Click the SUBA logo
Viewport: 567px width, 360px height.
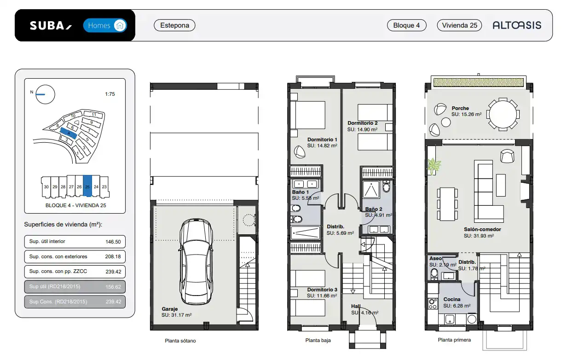point(51,26)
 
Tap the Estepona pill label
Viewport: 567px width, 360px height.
point(174,25)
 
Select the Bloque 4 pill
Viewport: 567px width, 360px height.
point(406,25)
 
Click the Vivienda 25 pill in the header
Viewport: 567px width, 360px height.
point(459,25)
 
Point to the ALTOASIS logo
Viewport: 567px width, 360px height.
point(517,25)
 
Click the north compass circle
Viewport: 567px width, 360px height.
point(45,94)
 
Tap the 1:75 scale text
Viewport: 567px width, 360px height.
point(110,94)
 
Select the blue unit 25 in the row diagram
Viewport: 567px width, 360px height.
point(87,186)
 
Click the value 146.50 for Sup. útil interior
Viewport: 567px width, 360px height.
point(113,242)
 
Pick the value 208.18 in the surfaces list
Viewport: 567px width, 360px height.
point(113,256)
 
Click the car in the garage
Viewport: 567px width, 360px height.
point(196,261)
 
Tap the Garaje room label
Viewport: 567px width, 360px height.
point(169,309)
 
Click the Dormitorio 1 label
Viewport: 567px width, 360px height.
point(322,139)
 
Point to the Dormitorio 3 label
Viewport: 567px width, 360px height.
point(322,290)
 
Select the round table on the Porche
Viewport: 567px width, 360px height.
point(503,115)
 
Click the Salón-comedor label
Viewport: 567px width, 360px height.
point(482,229)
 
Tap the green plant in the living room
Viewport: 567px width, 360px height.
point(434,166)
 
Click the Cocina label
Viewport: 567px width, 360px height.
point(452,299)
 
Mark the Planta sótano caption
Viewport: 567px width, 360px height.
point(180,341)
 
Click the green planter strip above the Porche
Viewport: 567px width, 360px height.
point(479,82)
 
